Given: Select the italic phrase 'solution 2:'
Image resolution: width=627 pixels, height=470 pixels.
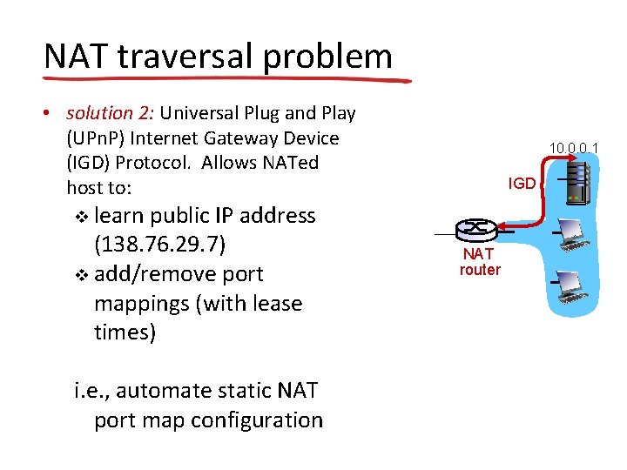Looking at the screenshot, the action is click(104, 114).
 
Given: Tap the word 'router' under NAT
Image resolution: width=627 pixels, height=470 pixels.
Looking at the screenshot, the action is click(480, 271).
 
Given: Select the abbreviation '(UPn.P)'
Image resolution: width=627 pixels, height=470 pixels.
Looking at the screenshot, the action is click(98, 138).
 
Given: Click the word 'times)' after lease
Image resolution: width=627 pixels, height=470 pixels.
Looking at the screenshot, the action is click(125, 332).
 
